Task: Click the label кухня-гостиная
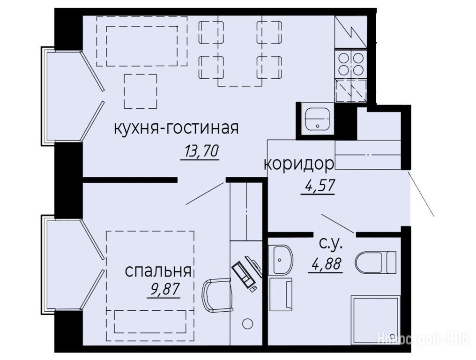coord(176,128)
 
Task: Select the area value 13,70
coord(200,151)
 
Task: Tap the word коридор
coord(299,165)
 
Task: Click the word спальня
coord(158,271)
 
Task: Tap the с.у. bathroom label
coord(331,243)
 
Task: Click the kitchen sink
coord(317,119)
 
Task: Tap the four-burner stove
coord(350,63)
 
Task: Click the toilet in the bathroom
coord(376,262)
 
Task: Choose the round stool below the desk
coord(248,323)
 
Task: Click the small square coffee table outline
coord(141,91)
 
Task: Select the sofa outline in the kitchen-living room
coord(142,41)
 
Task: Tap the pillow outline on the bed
coord(150,322)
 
